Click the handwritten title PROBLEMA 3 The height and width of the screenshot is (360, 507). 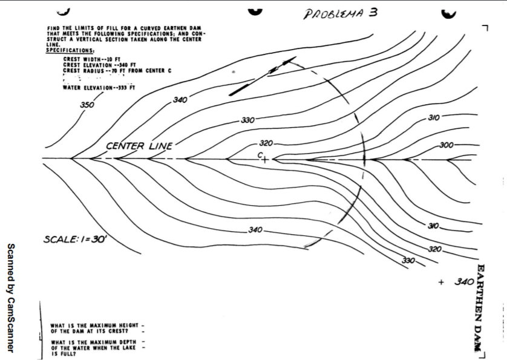[x=340, y=13]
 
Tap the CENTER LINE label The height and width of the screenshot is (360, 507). [x=139, y=146]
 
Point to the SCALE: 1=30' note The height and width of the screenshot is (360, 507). [x=75, y=240]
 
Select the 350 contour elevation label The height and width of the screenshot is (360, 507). [x=87, y=105]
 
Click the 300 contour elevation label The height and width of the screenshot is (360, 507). [x=447, y=145]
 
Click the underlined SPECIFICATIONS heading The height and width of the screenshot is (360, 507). [x=70, y=50]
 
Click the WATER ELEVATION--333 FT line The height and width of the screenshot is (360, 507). [x=99, y=88]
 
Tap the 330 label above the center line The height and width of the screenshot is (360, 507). [x=247, y=120]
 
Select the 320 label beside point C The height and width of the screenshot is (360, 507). [x=267, y=144]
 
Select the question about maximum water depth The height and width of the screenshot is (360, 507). [x=97, y=348]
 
